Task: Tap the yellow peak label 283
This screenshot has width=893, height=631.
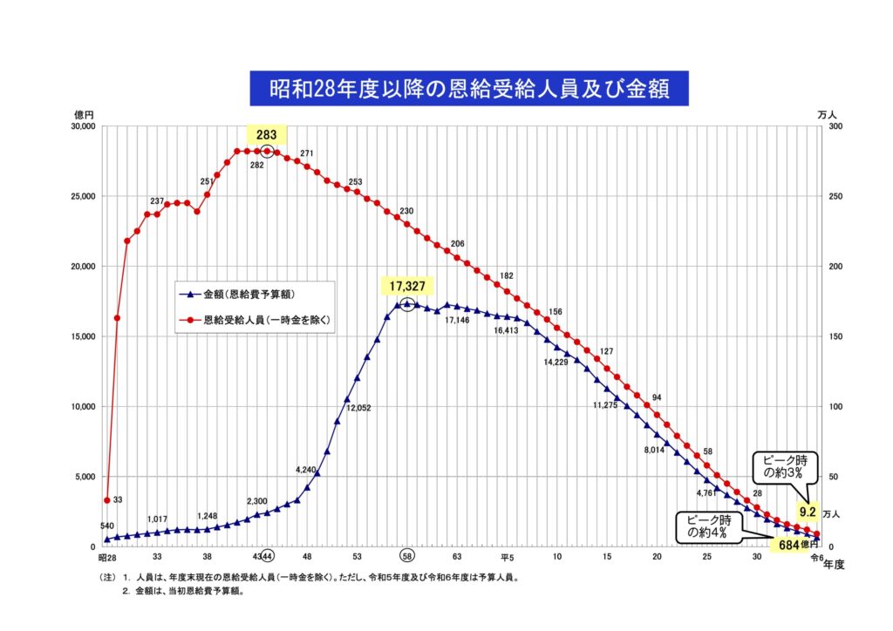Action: [x=266, y=135]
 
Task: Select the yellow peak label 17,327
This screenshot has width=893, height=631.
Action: [x=407, y=286]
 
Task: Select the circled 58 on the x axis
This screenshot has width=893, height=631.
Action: [x=407, y=556]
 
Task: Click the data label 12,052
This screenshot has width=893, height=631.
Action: [x=358, y=408]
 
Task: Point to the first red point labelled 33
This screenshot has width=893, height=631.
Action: [x=106, y=500]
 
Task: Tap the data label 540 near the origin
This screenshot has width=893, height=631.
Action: [x=108, y=526]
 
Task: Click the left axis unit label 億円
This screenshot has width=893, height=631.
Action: [x=84, y=114]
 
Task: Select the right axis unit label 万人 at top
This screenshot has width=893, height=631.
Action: [x=828, y=114]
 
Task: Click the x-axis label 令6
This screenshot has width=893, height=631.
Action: [x=816, y=556]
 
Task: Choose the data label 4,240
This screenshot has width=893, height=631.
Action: [x=306, y=470]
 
